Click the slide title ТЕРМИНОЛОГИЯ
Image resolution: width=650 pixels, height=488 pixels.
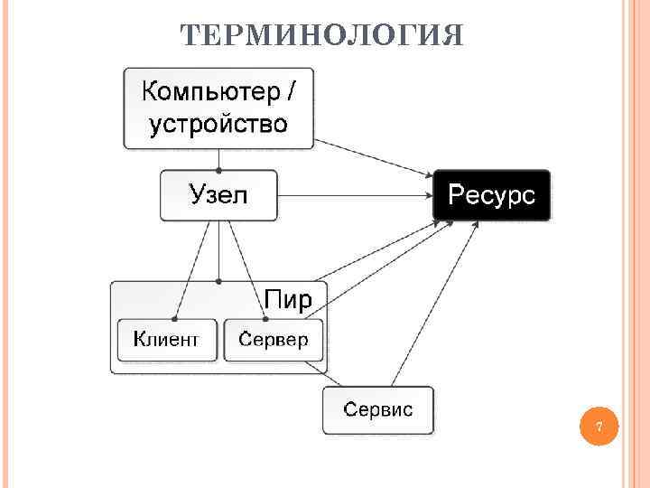[x=321, y=35]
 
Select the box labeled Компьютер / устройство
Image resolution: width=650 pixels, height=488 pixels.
[x=218, y=108]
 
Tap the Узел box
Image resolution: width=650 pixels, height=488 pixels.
[x=218, y=195]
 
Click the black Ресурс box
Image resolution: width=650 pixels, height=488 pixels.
[x=491, y=195]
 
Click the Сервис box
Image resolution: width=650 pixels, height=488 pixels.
[x=378, y=409]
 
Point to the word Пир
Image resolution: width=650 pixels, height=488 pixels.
[x=288, y=299]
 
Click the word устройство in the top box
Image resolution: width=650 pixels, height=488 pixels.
[x=218, y=124]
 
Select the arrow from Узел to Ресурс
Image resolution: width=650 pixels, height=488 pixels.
[x=352, y=195]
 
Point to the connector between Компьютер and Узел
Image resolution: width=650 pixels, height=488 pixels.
[x=218, y=159]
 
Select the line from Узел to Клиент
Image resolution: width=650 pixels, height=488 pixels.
[x=192, y=271]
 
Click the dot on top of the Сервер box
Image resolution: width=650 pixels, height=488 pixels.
[x=265, y=318]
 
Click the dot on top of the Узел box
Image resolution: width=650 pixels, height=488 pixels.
[x=218, y=170]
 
